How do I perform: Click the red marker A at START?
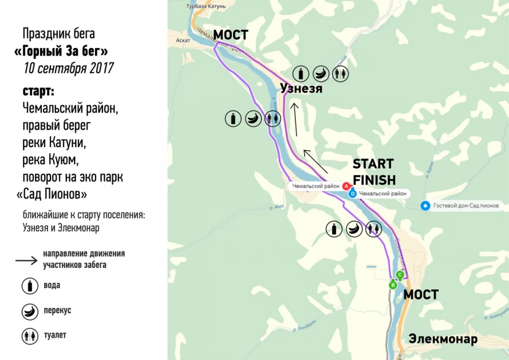[x=347, y=185]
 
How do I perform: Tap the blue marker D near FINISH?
[x=353, y=193]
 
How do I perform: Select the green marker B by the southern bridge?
[x=393, y=285]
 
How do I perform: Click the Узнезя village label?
[x=301, y=89]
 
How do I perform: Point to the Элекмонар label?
[x=443, y=340]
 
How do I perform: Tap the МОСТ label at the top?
[x=230, y=35]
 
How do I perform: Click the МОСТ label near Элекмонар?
[x=421, y=295]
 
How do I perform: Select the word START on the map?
[x=373, y=164]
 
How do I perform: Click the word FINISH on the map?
[x=374, y=180]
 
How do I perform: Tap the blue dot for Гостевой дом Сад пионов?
[x=425, y=206]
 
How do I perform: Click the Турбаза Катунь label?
[x=206, y=6]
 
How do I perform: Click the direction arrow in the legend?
[x=26, y=260]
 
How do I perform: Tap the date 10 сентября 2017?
[x=68, y=68]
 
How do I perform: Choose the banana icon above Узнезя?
[x=321, y=73]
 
